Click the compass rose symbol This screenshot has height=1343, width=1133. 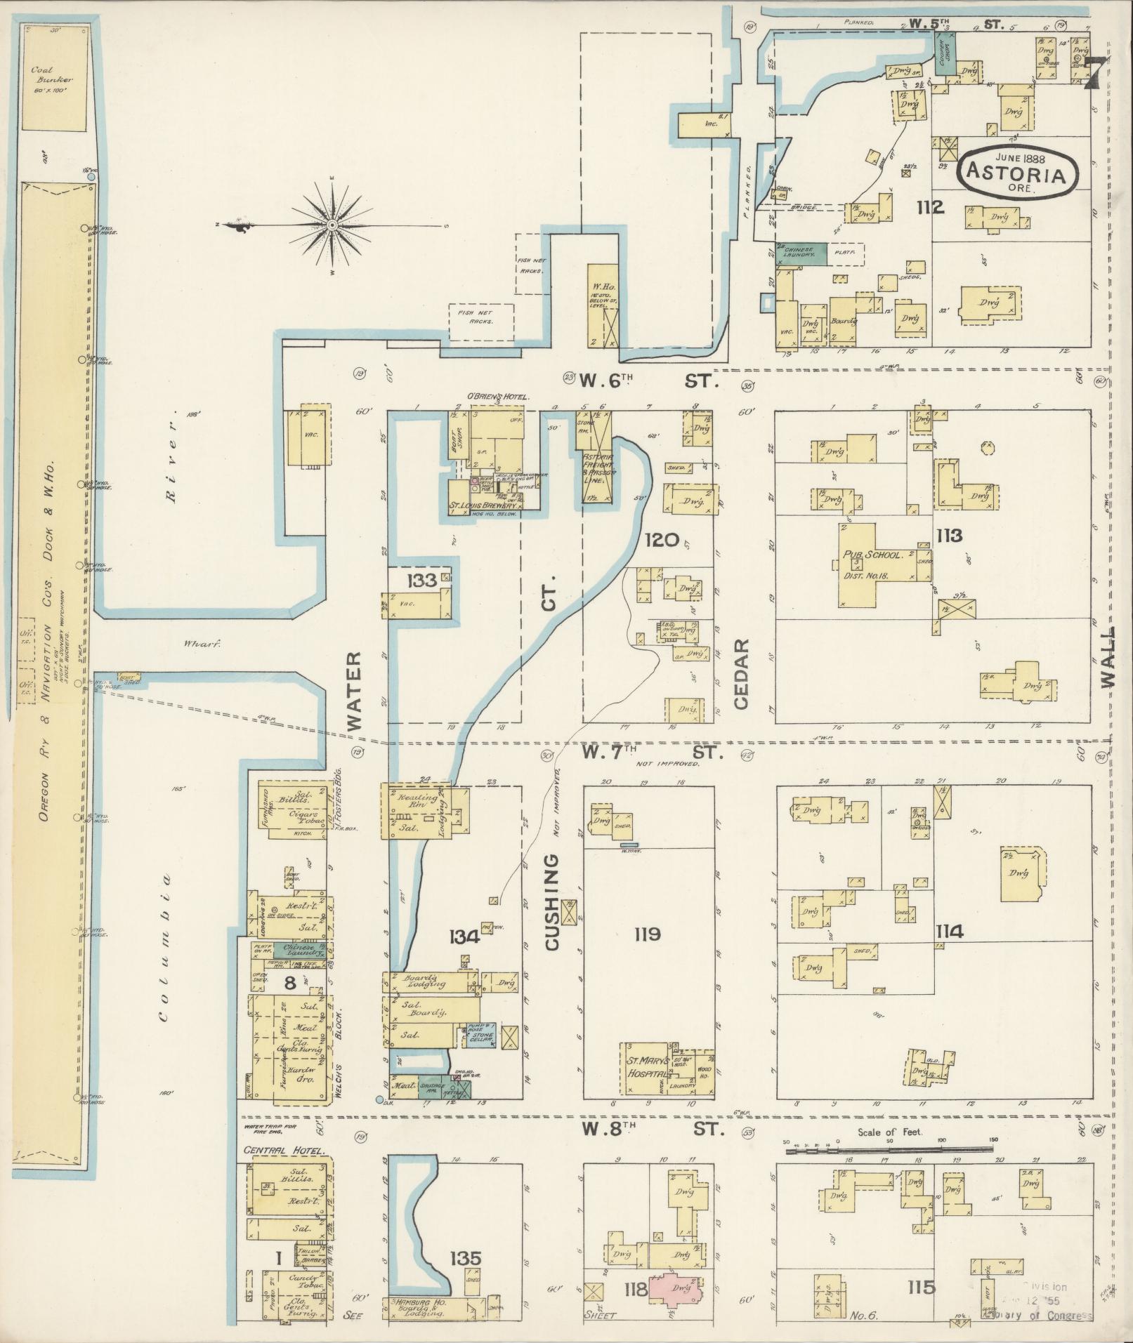pos(332,225)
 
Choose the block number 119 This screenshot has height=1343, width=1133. pos(646,934)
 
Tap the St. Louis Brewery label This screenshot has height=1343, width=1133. pos(484,505)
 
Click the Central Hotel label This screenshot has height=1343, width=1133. pos(284,1151)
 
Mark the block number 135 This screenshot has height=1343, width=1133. pos(466,1257)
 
